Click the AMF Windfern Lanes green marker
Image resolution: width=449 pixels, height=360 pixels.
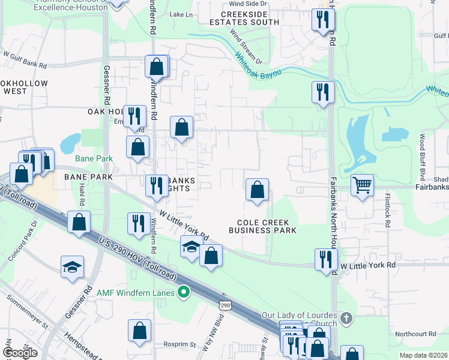click(185, 293)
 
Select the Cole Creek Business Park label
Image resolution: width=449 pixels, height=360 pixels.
click(263, 226)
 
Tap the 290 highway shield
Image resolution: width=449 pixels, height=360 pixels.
click(225, 306)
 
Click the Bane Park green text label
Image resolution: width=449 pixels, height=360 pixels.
click(94, 158)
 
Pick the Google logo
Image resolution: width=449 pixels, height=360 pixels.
click(20, 352)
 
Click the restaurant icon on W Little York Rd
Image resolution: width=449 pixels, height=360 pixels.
click(325, 259)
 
